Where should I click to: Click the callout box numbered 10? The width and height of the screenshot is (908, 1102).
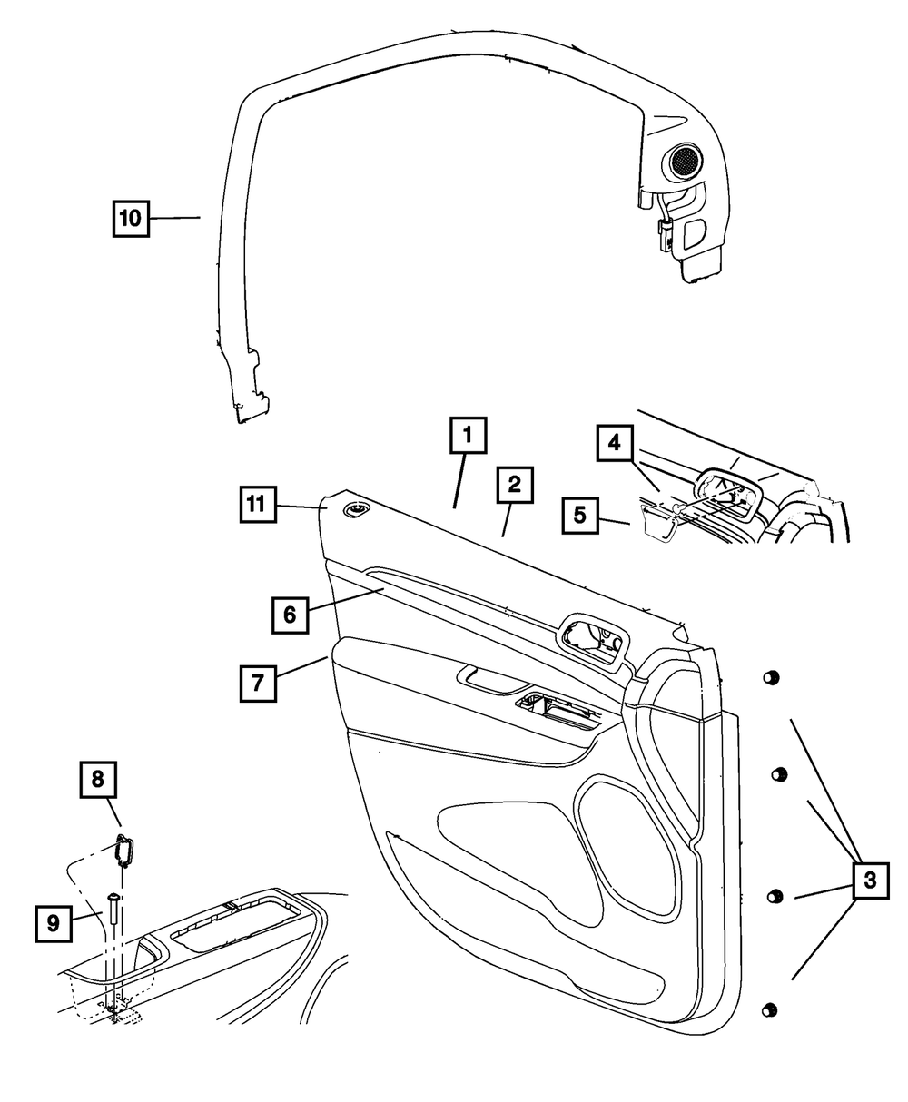(131, 219)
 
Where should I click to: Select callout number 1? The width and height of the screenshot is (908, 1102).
(468, 436)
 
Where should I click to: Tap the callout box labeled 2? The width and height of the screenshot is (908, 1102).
(514, 487)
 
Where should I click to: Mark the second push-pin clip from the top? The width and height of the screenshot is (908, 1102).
(778, 774)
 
